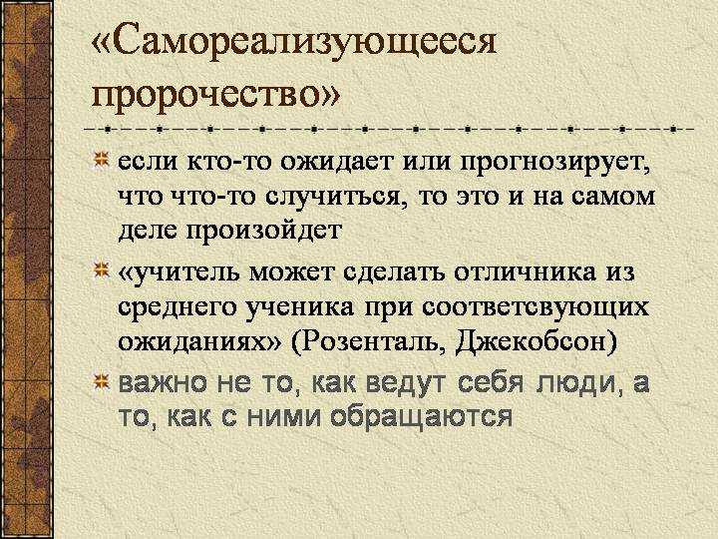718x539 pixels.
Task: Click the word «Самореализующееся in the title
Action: (293, 45)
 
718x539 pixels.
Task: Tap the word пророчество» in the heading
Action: (216, 96)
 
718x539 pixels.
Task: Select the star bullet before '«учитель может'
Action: (101, 269)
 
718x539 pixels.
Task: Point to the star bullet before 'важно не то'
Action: (101, 381)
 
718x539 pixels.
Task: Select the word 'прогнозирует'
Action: (555, 164)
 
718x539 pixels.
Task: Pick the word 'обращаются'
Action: (421, 418)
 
